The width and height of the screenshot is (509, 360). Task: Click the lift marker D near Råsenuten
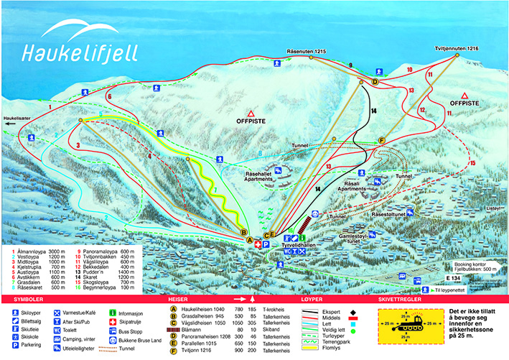click(374, 82)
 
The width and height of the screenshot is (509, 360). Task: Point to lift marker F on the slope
click(382, 139)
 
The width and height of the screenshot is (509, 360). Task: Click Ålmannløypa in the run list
click(33, 251)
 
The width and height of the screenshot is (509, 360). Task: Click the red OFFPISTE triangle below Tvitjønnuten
click(464, 96)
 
